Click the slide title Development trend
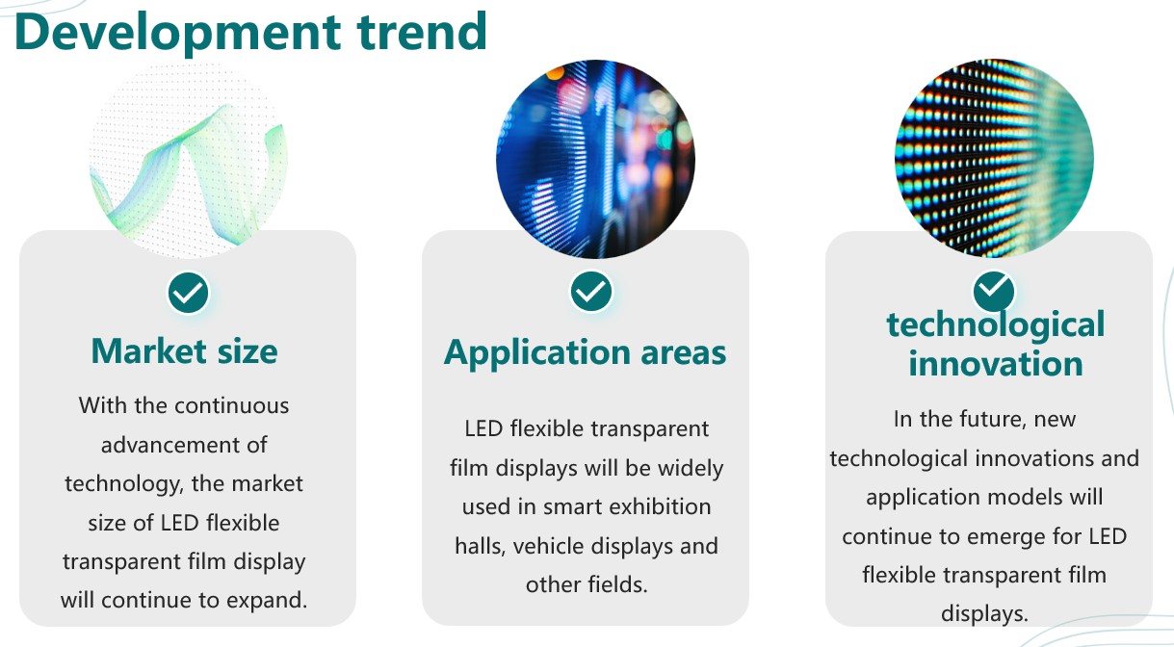tap(251, 32)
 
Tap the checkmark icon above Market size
tap(188, 293)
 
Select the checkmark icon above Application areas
tap(591, 292)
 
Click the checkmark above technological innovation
tap(994, 290)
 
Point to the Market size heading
tap(185, 351)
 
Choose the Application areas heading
tap(585, 352)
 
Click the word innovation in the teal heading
tap(996, 364)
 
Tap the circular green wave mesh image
tap(188, 160)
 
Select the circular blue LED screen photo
tap(596, 159)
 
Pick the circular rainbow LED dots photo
tap(994, 158)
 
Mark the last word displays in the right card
tap(985, 614)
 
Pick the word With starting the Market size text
tap(102, 405)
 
